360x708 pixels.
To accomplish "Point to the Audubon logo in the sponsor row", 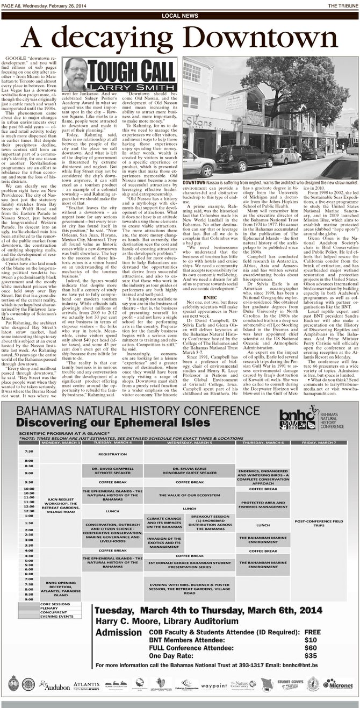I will coord(53,686).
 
